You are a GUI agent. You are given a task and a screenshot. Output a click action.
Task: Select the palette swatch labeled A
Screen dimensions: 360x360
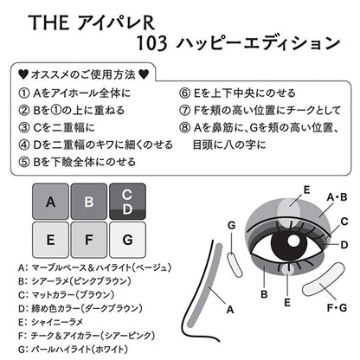click(x=49, y=203)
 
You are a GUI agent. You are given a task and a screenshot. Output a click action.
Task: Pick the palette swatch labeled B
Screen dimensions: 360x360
click(x=89, y=203)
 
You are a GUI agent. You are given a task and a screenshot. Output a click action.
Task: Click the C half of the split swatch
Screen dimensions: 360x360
click(x=127, y=195)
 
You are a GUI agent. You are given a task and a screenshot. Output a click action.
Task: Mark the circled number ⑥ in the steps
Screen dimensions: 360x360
click(x=186, y=91)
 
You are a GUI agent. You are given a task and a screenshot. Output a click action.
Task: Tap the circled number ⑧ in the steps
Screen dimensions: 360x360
click(x=186, y=127)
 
